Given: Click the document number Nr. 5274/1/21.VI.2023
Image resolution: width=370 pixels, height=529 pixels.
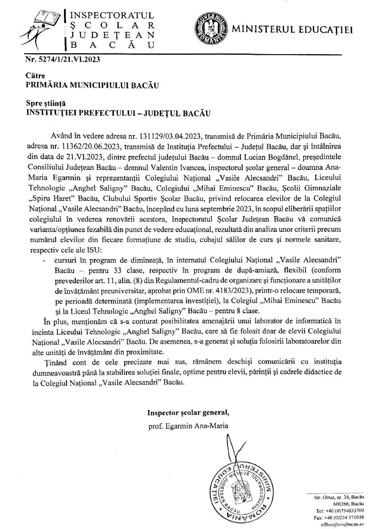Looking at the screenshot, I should [63, 59].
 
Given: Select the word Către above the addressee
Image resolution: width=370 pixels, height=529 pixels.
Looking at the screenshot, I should [36, 76].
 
